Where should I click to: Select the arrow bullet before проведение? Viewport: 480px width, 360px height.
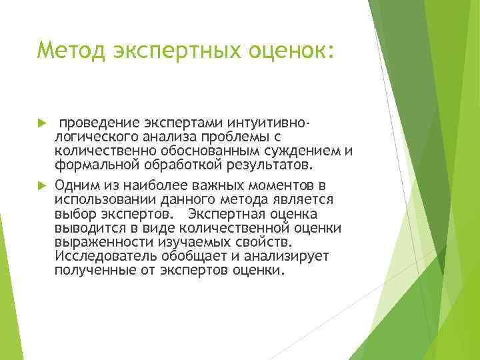(x=43, y=124)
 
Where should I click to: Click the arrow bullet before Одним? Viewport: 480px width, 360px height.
(x=43, y=185)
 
